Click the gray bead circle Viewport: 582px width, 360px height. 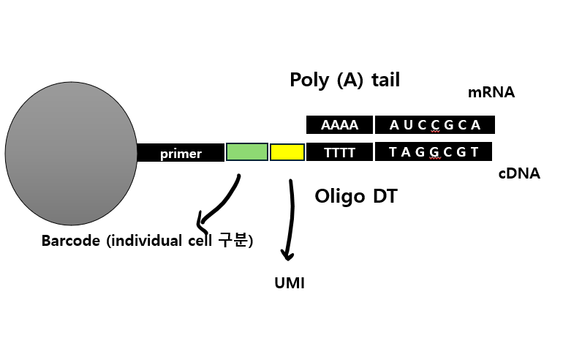click(71, 154)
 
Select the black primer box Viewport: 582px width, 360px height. click(181, 153)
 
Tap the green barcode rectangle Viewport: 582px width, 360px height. click(246, 152)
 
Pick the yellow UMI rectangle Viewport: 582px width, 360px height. click(287, 152)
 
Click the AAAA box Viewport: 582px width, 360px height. click(339, 125)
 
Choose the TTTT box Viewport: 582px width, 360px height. click(339, 152)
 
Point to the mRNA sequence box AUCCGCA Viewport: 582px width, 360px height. click(435, 125)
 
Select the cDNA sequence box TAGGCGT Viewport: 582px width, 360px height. click(434, 152)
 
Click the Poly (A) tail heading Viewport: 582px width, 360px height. click(344, 80)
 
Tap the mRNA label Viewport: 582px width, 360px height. click(491, 93)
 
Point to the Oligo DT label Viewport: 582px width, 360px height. click(355, 196)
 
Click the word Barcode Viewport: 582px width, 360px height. click(70, 241)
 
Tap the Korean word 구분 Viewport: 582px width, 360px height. click(234, 241)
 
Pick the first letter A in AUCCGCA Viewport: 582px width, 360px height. click(395, 125)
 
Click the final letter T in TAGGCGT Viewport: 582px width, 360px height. click(475, 152)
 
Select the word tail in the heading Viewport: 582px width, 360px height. click(385, 80)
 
